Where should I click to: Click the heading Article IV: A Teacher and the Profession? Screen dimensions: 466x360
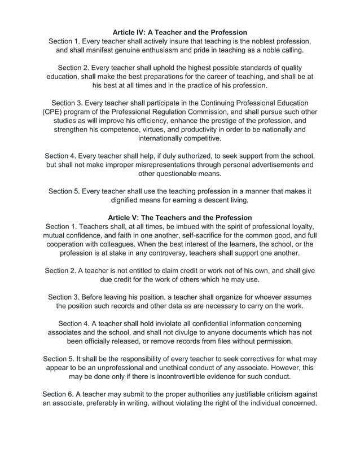(180, 32)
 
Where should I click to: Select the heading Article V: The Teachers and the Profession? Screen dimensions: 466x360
(180, 218)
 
